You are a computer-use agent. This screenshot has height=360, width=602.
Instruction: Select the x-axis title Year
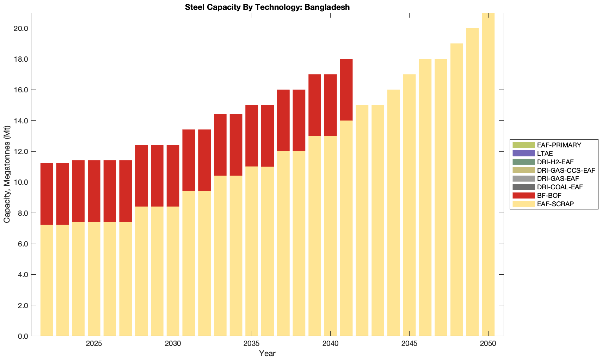pos(267,354)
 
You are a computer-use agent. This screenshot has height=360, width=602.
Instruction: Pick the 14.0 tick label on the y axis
pos(21,121)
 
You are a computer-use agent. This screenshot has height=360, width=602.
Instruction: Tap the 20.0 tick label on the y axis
pos(21,28)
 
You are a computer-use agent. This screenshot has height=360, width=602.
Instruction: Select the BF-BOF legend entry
pos(549,195)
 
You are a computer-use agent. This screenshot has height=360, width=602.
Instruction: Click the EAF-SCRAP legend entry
pos(555,204)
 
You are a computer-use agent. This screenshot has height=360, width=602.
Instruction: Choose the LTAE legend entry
pos(545,153)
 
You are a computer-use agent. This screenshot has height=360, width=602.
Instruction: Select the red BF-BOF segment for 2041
pos(346,90)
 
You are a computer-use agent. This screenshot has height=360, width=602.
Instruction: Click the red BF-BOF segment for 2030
pos(173,176)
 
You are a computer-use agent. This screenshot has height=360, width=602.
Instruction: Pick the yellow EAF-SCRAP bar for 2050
pos(488,176)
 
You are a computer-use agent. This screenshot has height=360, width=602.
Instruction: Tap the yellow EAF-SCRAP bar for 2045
pos(409,205)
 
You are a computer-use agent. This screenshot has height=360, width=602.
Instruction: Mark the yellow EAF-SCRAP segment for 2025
pos(94,279)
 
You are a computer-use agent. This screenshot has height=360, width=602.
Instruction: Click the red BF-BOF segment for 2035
pos(252,136)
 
